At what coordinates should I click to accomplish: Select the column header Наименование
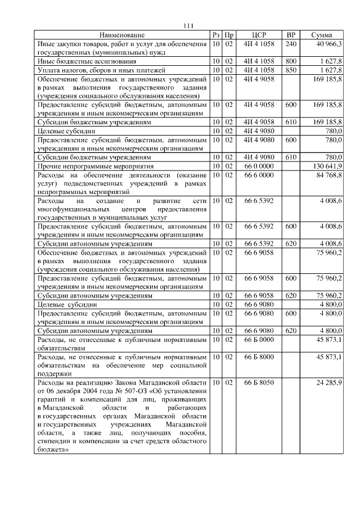pyautogui.click(x=123, y=35)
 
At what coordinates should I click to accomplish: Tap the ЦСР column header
pyautogui.click(x=259, y=35)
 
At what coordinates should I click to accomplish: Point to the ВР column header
pyautogui.click(x=291, y=35)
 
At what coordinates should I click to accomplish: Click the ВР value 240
pyautogui.click(x=291, y=43)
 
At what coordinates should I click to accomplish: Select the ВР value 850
pyautogui.click(x=291, y=70)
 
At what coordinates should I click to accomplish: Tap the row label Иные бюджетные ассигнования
pyautogui.click(x=79, y=61)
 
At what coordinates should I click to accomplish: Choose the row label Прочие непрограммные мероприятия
pyautogui.click(x=94, y=167)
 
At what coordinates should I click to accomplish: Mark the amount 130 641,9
pyautogui.click(x=327, y=167)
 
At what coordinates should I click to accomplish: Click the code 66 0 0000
pyautogui.click(x=259, y=167)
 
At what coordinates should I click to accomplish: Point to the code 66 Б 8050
pyautogui.click(x=259, y=382)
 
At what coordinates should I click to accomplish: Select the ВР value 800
pyautogui.click(x=291, y=61)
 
